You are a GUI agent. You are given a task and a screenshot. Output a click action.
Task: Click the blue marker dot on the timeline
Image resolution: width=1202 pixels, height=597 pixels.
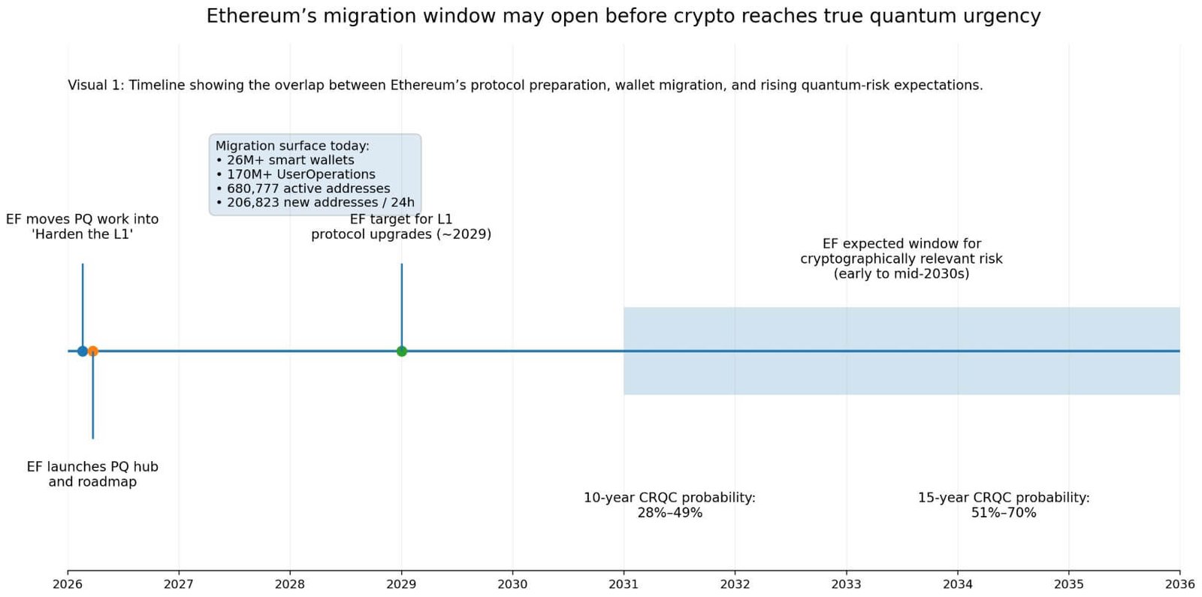point(83,351)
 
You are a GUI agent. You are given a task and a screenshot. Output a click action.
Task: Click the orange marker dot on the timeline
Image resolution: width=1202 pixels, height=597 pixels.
point(93,351)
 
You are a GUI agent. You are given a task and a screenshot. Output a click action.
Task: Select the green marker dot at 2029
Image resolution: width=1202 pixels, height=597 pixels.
point(401,351)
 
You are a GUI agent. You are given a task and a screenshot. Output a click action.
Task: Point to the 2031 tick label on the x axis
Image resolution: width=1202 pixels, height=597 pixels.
point(623,584)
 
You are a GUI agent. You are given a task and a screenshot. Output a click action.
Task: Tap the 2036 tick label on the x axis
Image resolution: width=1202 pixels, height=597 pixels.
point(1179,584)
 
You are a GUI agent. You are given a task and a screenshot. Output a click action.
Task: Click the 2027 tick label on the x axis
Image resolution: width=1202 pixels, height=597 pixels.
point(179,584)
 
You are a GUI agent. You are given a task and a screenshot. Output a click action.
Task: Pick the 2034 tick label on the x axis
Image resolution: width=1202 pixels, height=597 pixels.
point(957,584)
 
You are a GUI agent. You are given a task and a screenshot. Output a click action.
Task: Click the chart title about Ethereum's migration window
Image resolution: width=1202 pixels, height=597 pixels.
point(623,16)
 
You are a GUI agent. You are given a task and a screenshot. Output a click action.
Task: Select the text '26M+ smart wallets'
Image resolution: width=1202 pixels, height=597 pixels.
point(290,160)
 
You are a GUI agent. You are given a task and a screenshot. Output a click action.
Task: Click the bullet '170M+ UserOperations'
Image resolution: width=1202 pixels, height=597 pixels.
point(300,174)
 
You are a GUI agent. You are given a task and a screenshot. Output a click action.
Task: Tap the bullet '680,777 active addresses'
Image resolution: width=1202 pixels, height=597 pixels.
point(308,188)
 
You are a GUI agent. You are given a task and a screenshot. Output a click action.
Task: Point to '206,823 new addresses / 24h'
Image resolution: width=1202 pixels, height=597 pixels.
point(320,203)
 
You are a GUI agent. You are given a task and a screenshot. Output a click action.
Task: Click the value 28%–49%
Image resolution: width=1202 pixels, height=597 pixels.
point(669,513)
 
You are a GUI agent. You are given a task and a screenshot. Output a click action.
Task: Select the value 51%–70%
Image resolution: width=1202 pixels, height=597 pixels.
point(1003,513)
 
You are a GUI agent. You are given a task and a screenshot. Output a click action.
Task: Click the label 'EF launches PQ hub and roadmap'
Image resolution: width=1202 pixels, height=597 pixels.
point(92,474)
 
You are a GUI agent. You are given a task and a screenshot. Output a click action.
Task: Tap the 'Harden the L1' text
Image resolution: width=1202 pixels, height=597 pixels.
point(83,234)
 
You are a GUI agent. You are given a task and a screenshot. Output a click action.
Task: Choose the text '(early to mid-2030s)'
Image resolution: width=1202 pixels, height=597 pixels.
point(901,273)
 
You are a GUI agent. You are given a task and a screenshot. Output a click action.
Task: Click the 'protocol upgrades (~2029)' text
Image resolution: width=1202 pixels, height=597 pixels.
point(401,234)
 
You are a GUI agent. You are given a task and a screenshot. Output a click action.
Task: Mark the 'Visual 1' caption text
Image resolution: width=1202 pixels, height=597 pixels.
point(525,85)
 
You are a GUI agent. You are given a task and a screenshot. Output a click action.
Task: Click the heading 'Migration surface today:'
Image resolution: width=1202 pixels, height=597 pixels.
point(292,146)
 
